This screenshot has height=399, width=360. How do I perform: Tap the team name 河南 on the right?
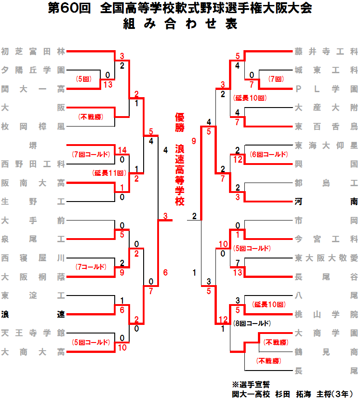326,202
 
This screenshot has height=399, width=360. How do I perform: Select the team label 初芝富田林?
33,52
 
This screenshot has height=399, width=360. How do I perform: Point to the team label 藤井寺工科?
326,52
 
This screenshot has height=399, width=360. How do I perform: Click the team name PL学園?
326,89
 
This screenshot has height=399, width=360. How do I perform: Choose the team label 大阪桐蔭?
33,277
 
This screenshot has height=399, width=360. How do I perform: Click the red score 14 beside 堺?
122,150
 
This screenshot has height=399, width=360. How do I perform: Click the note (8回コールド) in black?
252,323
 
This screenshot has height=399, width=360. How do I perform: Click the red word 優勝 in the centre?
180,122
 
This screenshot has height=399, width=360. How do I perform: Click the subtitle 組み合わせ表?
180,25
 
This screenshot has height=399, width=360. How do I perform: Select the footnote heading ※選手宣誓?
251,385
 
